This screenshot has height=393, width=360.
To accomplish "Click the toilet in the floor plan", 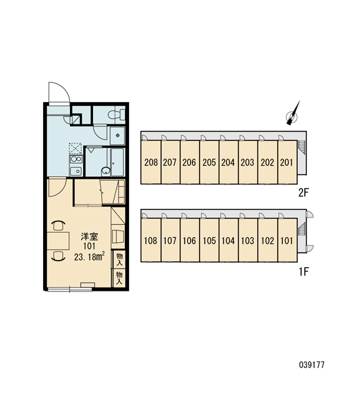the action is tap(117, 115).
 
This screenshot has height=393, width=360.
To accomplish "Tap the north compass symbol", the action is tap(293, 114).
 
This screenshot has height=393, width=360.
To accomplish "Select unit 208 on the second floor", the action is tap(151, 162).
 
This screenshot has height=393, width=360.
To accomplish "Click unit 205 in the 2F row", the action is tap(209, 162).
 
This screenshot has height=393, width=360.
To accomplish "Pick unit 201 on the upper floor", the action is tap(287, 162).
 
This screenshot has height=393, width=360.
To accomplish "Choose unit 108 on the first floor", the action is tap(151, 240).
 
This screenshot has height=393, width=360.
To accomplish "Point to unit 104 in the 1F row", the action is tap(228, 240).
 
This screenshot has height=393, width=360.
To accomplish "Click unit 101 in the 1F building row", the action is tap(287, 240).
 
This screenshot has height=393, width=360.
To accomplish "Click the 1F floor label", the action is tap(304, 271).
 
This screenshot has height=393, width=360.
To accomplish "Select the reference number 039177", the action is tap(312, 365).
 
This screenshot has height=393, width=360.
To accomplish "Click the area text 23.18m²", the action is tap(90, 257).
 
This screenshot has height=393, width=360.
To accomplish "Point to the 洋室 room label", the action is tap(90, 236).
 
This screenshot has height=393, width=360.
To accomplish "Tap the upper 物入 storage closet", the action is tap(119, 259).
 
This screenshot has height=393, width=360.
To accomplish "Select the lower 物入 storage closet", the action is tap(119, 278).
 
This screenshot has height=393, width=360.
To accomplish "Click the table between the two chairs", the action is tap(58, 240).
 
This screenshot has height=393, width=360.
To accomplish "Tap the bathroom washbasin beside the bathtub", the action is tap(106, 171).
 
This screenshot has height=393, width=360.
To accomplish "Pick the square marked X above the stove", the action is tap(75, 149).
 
